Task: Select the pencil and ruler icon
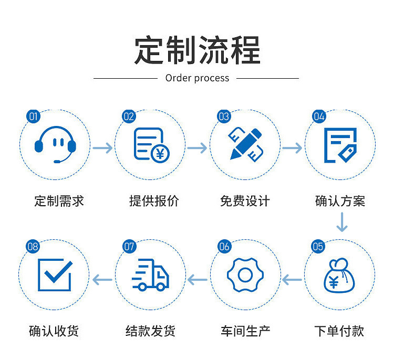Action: tap(245, 144)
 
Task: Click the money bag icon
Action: tap(339, 276)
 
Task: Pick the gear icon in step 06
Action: tap(245, 275)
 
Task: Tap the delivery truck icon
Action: tap(151, 275)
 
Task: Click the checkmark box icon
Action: tap(55, 275)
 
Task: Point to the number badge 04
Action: tap(319, 117)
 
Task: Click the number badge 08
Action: tap(33, 246)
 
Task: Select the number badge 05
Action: tap(318, 246)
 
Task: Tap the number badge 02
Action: tap(129, 117)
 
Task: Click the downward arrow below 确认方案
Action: tap(342, 223)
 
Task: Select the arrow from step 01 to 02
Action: tap(103, 148)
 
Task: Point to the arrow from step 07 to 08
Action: tap(103, 280)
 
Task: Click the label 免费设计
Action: tap(245, 201)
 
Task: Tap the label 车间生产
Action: tap(245, 331)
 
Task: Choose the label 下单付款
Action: tap(339, 331)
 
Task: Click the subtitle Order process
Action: tap(197, 78)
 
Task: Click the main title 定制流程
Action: tap(197, 50)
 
